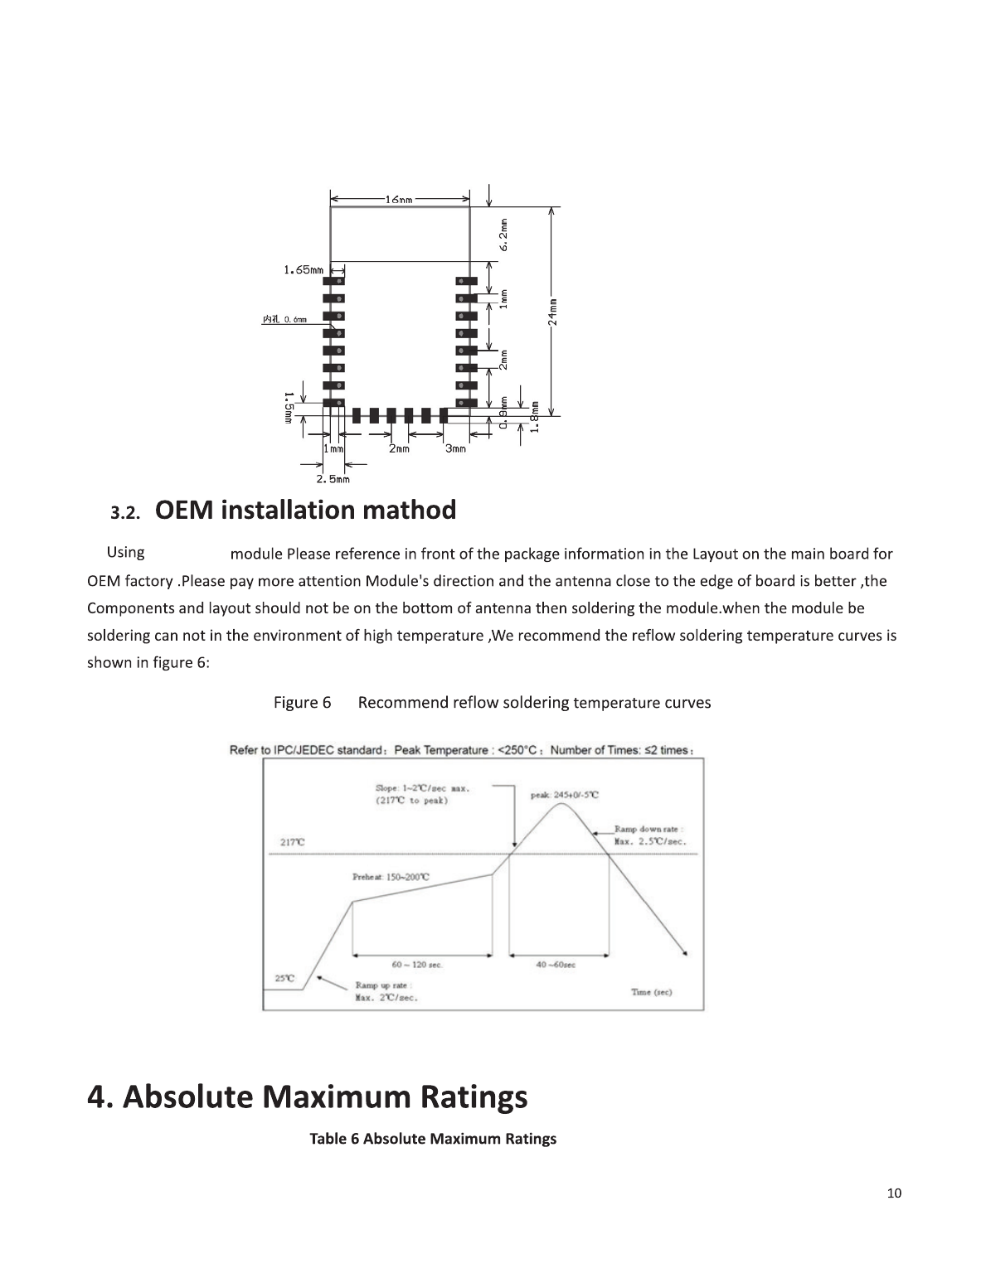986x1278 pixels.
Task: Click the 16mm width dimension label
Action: (401, 200)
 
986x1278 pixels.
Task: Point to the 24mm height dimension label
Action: (554, 311)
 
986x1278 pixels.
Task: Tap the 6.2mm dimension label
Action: (503, 235)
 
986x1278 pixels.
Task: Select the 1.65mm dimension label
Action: (303, 269)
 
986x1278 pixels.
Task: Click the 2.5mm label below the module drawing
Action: (333, 478)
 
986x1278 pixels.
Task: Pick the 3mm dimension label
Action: (455, 449)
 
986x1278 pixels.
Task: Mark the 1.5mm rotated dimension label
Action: (289, 409)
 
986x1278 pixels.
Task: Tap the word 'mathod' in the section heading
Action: (410, 510)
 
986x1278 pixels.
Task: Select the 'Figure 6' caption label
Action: (302, 703)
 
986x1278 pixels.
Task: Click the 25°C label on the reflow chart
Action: (284, 978)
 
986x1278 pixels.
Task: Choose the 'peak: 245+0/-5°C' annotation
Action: (564, 794)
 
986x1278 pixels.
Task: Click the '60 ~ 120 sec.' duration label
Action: (417, 965)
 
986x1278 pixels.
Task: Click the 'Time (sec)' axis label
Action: (651, 992)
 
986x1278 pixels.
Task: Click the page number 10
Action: (894, 1193)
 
